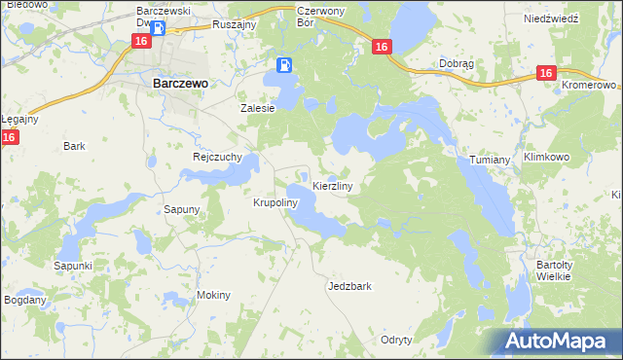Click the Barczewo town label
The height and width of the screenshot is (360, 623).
pyautogui.click(x=180, y=84)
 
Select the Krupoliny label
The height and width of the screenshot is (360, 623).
pyautogui.click(x=274, y=203)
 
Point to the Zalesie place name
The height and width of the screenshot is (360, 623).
pyautogui.click(x=258, y=109)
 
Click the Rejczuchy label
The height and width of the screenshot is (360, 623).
pyautogui.click(x=217, y=156)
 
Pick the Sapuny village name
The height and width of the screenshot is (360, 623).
pyautogui.click(x=181, y=209)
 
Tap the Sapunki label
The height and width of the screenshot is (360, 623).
pyautogui.click(x=73, y=265)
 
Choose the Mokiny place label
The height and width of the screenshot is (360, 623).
pyautogui.click(x=213, y=295)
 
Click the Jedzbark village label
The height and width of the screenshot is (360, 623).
pyautogui.click(x=350, y=287)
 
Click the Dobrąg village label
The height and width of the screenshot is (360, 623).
pyautogui.click(x=456, y=64)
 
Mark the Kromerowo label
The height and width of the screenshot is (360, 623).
pyautogui.click(x=591, y=86)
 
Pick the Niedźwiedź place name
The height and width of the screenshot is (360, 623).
pyautogui.click(x=551, y=18)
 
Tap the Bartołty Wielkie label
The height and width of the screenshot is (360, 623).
pyautogui.click(x=559, y=270)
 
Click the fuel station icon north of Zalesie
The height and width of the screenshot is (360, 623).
pyautogui.click(x=283, y=65)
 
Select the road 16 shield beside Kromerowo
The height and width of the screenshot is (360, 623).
pyautogui.click(x=547, y=74)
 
